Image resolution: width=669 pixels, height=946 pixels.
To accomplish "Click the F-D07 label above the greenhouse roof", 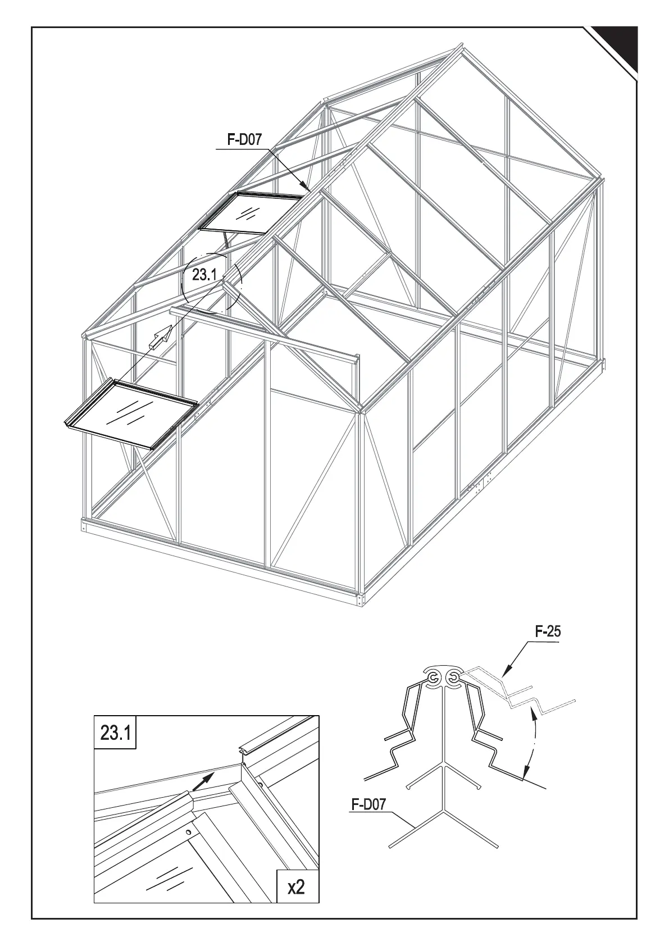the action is (x=244, y=140).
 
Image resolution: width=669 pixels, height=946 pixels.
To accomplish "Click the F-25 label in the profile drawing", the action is (x=547, y=631).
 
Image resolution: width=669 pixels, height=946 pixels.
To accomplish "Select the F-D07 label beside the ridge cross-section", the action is (x=368, y=804).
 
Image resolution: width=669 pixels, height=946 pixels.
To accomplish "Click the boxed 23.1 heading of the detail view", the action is (x=115, y=733).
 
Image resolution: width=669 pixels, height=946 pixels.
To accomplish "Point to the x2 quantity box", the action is (x=296, y=887).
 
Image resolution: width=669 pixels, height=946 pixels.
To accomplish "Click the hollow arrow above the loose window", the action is (x=161, y=336).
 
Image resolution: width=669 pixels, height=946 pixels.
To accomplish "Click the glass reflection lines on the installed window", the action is (x=248, y=213).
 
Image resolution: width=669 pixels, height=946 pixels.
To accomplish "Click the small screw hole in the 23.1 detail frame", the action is (x=189, y=832).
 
